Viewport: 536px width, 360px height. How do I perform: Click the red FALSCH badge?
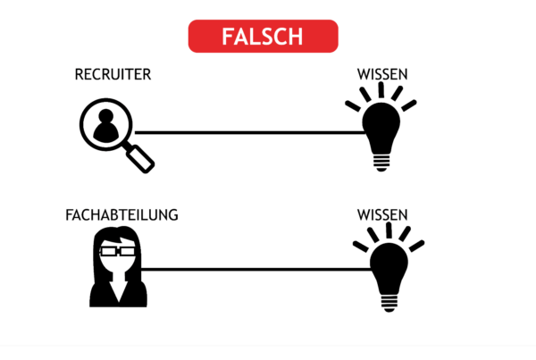click(264, 37)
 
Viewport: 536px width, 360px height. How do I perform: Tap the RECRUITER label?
click(113, 74)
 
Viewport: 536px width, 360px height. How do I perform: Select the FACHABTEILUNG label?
click(121, 215)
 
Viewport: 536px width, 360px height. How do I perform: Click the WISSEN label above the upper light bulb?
click(382, 74)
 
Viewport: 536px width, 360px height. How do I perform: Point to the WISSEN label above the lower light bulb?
click(382, 215)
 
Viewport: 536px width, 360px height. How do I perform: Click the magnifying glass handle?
click(140, 159)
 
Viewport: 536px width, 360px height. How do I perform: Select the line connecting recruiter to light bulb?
click(250, 132)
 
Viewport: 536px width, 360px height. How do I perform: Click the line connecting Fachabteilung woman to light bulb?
click(256, 270)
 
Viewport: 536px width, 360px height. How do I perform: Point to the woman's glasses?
click(118, 252)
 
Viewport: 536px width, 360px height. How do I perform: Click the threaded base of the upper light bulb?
click(381, 163)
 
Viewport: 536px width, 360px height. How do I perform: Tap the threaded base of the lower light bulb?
click(389, 303)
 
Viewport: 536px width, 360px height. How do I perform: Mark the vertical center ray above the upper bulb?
click(381, 90)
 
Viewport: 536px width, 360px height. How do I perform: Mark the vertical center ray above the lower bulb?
click(389, 230)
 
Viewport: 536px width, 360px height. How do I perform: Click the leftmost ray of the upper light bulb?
click(353, 106)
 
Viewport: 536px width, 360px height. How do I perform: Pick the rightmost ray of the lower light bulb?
click(416, 246)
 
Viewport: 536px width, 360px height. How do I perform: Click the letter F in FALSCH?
click(227, 37)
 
